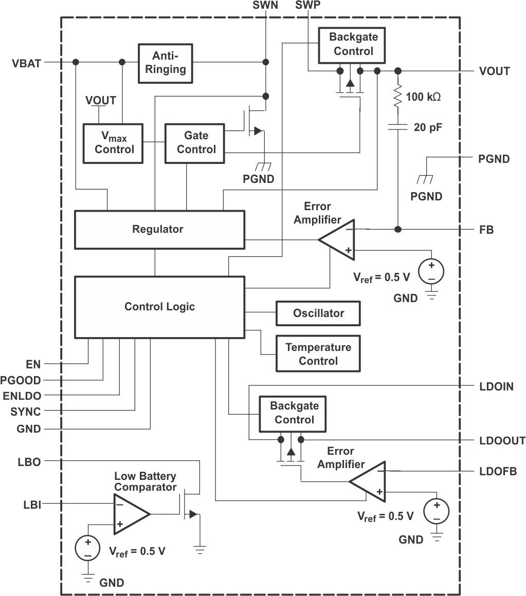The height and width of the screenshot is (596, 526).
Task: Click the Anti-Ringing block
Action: coord(165,63)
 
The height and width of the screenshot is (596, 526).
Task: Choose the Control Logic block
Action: coord(159,307)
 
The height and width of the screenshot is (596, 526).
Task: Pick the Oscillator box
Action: coord(318,313)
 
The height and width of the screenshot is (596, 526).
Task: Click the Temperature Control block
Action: coord(318,353)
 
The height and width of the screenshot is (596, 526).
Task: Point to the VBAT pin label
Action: coord(26,64)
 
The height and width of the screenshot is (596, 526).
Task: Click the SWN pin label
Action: coord(265,6)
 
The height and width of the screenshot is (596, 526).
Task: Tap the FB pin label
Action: coord(486,230)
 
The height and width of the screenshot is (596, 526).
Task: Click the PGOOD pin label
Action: coord(21,381)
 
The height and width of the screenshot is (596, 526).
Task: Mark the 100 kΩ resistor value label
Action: coord(423,97)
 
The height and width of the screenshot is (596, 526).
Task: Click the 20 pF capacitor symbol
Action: coord(397,126)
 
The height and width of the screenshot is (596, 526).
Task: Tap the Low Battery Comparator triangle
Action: coord(130,514)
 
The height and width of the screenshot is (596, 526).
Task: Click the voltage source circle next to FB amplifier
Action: coord(431,272)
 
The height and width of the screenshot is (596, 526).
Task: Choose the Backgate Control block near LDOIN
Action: coord(294,413)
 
